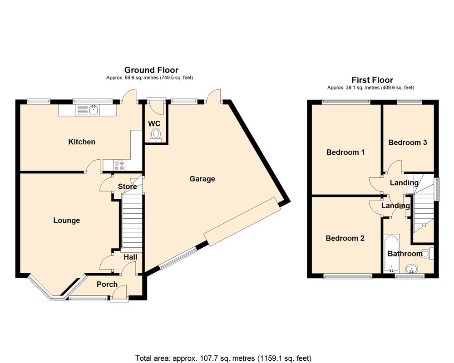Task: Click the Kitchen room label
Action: [x=82, y=142]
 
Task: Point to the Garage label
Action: [x=202, y=179]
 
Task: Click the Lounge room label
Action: [x=66, y=221]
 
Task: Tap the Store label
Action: [x=127, y=186]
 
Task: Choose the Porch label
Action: [x=107, y=285]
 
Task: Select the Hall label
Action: [x=130, y=257]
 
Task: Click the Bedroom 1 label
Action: [x=345, y=152]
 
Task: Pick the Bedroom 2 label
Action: [x=345, y=238]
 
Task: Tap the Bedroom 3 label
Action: [x=407, y=142]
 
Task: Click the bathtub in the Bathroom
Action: [x=391, y=254]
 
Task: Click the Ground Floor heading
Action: [x=151, y=70]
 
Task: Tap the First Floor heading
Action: [x=372, y=80]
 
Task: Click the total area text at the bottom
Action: [x=223, y=357]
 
